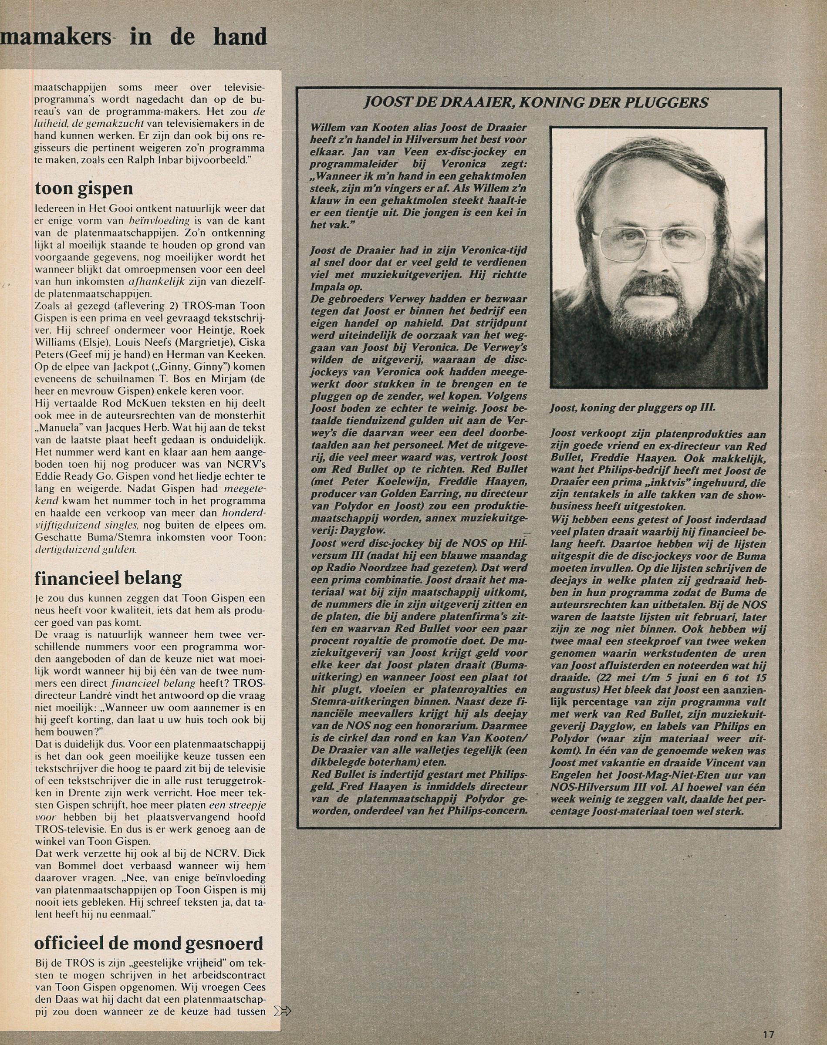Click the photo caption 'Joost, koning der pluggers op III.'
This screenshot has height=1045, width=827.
click(x=632, y=408)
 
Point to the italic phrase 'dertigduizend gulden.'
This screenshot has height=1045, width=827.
click(x=86, y=550)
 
